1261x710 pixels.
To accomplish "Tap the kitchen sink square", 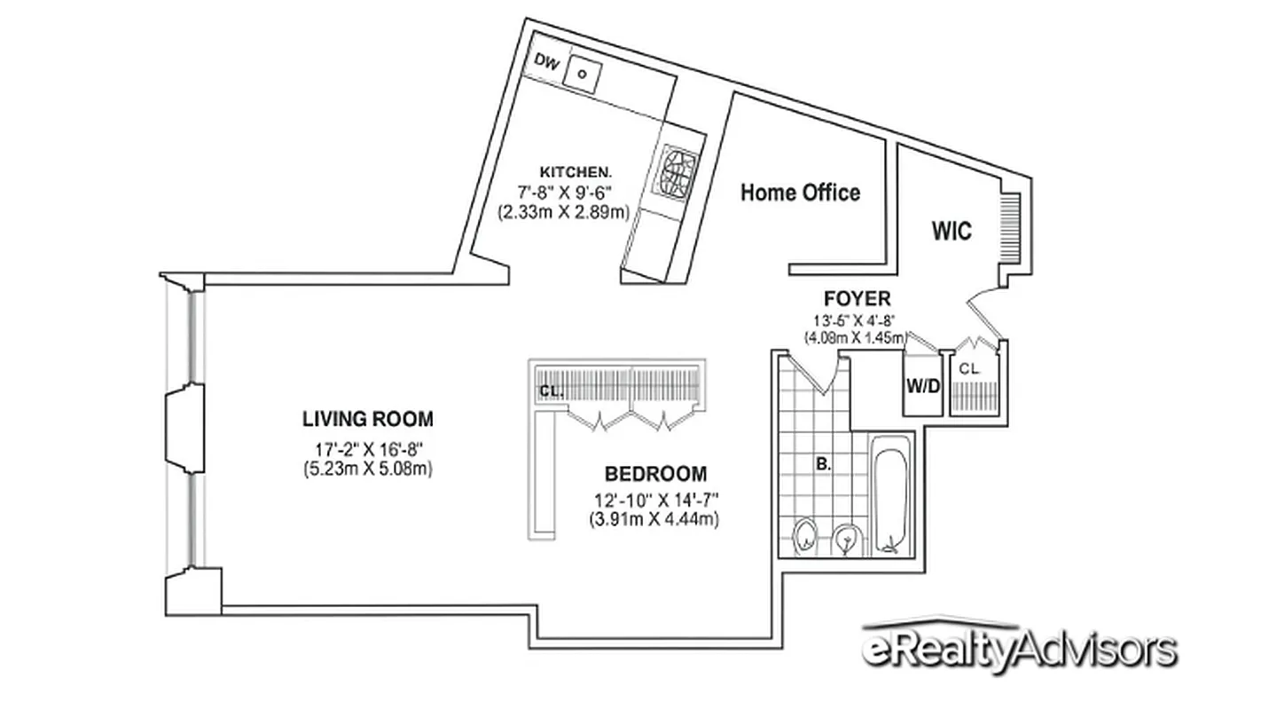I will click(583, 74).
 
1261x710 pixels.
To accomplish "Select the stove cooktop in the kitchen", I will click(678, 174).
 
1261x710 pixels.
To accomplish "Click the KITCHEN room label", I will click(576, 171).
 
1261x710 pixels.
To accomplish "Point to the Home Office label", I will click(800, 193).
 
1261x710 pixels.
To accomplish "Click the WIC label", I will click(951, 232).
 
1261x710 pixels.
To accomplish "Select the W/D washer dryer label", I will click(922, 385).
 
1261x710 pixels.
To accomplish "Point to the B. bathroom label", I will click(824, 462).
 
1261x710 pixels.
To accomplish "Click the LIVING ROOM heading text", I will click(368, 419).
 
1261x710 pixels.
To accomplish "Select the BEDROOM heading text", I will click(655, 473).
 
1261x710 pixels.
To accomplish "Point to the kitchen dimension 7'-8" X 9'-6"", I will click(566, 192).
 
